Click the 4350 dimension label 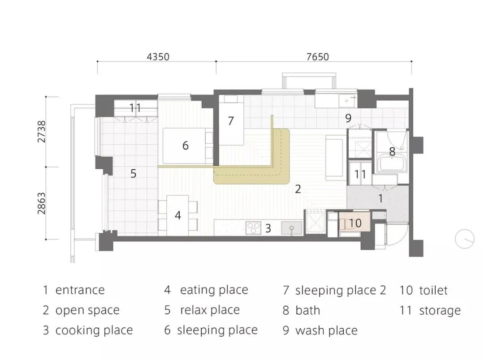pyautogui.click(x=158, y=57)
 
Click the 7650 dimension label pyautogui.click(x=318, y=57)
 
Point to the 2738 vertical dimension pyautogui.click(x=41, y=132)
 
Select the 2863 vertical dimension pyautogui.click(x=41, y=203)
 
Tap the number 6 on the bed pyautogui.click(x=185, y=145)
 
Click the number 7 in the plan pyautogui.click(x=231, y=120)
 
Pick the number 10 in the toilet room pyautogui.click(x=355, y=223)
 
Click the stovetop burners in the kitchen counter pyautogui.click(x=253, y=228)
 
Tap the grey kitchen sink pyautogui.click(x=291, y=228)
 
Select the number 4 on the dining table pyautogui.click(x=177, y=215)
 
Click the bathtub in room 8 pyautogui.click(x=392, y=163)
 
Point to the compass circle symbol pyautogui.click(x=464, y=239)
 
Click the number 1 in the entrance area pyautogui.click(x=380, y=198)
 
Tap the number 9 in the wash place pyautogui.click(x=348, y=118)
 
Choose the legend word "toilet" pyautogui.click(x=433, y=290)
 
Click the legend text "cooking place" pyautogui.click(x=94, y=330)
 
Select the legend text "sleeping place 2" pyautogui.click(x=341, y=290)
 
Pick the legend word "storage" pyautogui.click(x=440, y=310)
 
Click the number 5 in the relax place pyautogui.click(x=133, y=173)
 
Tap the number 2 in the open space pyautogui.click(x=298, y=189)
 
